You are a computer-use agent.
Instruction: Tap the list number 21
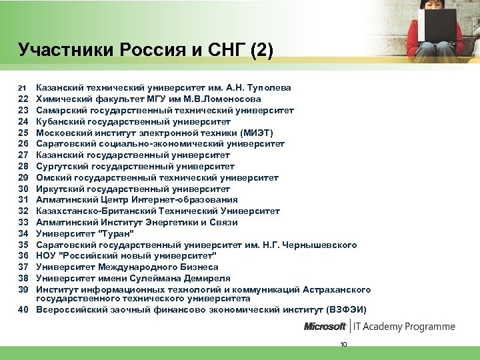click(21, 88)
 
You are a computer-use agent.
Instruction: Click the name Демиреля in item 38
click(205, 278)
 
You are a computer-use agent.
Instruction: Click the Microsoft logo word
click(325, 327)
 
